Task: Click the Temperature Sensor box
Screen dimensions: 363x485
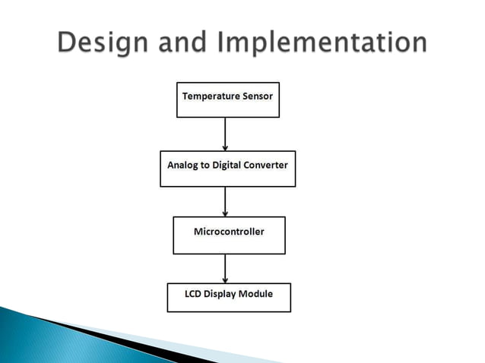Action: (227, 99)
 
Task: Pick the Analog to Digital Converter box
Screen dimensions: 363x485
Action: (227, 169)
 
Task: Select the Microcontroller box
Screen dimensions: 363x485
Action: (229, 235)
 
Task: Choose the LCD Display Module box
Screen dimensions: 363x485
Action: (228, 297)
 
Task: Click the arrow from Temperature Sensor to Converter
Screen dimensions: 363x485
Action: (226, 134)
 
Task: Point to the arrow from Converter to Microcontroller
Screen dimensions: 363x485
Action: (226, 201)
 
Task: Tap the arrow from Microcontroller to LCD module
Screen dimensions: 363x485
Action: (226, 268)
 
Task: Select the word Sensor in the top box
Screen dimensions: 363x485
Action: (256, 96)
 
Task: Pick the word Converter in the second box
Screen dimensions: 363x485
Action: (267, 164)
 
